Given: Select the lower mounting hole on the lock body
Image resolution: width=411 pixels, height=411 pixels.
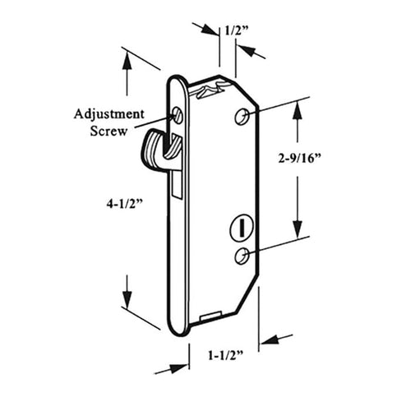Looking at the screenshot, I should (240, 257).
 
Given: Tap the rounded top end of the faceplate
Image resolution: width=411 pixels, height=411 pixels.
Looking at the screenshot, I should (178, 80).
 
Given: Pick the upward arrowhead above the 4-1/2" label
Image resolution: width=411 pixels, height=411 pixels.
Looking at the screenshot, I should (127, 60).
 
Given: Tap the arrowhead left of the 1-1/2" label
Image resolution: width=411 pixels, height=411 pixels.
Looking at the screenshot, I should (176, 367).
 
